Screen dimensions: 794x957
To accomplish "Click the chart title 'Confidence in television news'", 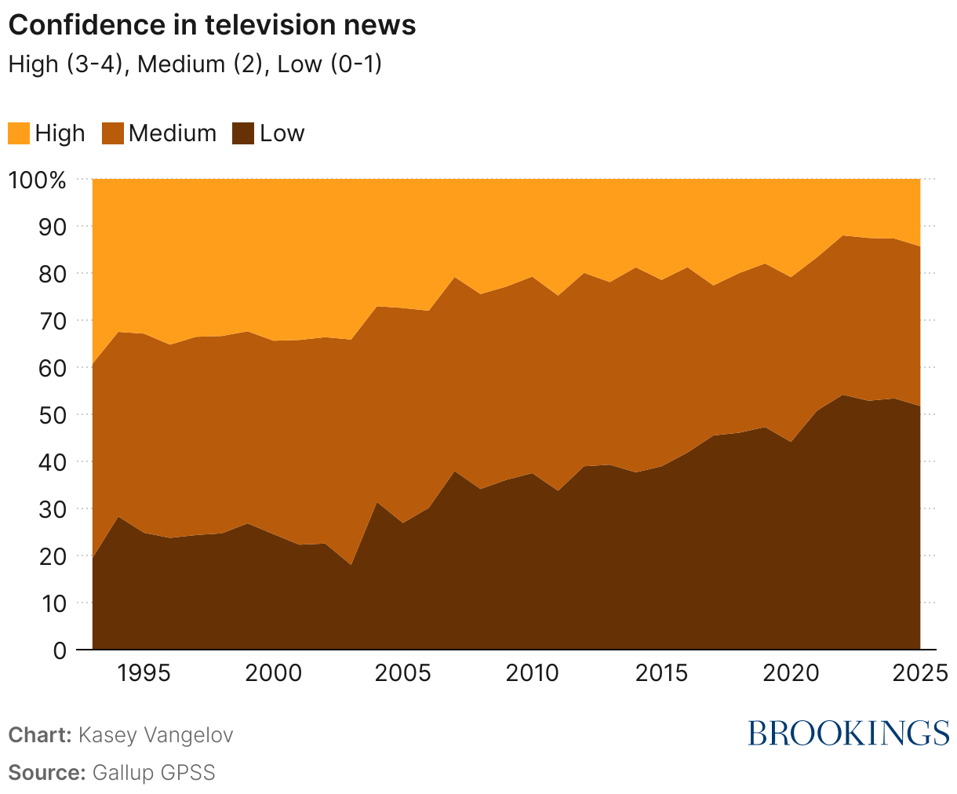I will click(212, 25).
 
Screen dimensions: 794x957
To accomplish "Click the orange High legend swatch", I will click(19, 133).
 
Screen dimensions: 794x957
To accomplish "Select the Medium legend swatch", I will click(113, 133).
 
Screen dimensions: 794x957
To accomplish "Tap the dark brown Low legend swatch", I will click(244, 133).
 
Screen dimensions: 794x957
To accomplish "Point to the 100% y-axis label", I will click(37, 180).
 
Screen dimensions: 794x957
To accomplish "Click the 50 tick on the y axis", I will click(49, 414).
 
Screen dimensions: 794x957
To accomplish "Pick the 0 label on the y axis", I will click(60, 650).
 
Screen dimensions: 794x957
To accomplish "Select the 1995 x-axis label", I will click(144, 673).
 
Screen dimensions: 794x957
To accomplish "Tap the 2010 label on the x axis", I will click(532, 673).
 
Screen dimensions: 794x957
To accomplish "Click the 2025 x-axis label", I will click(919, 673).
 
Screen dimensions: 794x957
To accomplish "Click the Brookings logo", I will click(848, 733).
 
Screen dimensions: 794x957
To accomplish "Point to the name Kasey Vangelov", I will click(156, 735).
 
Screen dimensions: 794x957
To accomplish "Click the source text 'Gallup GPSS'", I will click(154, 772).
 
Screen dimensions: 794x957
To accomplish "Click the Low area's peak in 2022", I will click(842, 395).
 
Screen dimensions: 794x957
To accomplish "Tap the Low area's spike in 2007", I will click(454, 472).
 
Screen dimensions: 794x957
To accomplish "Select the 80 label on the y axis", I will click(49, 273).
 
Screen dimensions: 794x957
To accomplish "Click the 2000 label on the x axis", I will click(273, 673).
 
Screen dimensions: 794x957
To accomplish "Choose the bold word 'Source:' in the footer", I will click(46, 772).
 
